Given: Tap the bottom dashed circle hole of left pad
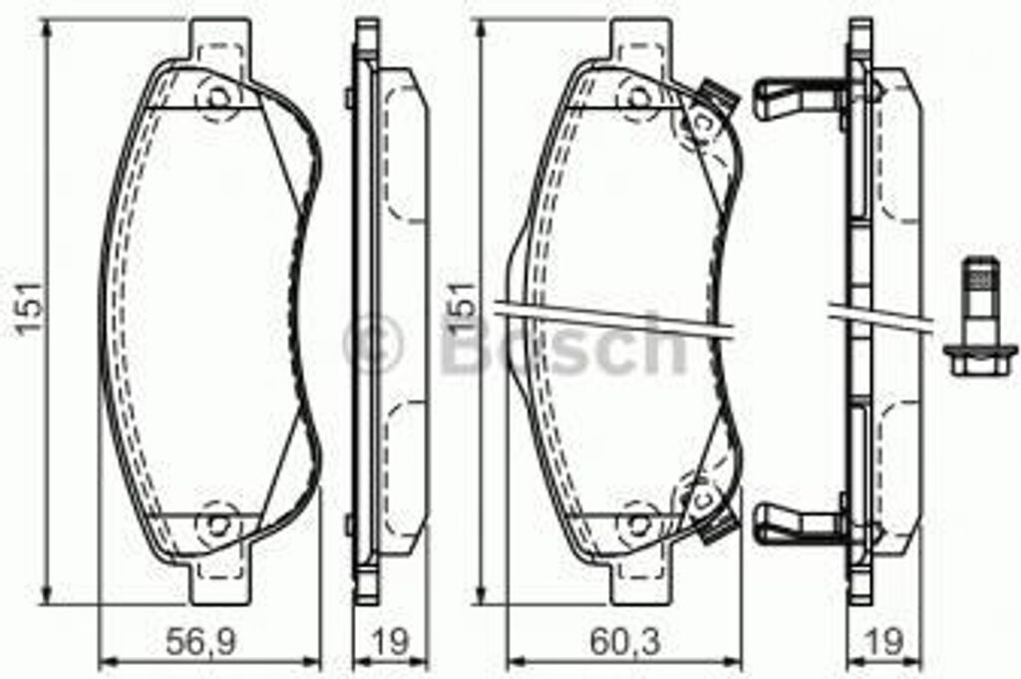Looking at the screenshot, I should (216, 520).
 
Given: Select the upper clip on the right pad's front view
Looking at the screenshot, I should (715, 97).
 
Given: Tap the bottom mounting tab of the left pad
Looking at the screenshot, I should (218, 578).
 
